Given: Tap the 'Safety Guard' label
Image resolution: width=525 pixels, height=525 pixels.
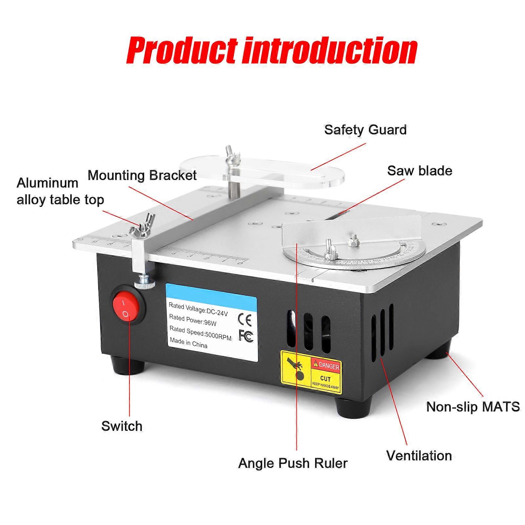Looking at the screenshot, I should pos(365,130).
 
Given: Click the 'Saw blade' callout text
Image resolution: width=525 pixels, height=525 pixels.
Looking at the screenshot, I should pos(419,171).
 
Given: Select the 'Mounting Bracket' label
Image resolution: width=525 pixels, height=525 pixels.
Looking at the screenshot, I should pos(142,175).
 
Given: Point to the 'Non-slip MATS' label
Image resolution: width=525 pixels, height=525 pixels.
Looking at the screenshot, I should pos(473,407).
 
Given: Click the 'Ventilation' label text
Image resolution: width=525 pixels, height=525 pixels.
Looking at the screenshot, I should pos(419,455).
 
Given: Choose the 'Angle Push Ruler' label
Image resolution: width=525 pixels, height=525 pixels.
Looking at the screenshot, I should pos(293,463).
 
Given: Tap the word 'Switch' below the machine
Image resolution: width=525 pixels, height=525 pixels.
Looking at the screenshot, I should pos(122,426).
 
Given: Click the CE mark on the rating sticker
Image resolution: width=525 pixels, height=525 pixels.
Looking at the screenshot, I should pos(244,320).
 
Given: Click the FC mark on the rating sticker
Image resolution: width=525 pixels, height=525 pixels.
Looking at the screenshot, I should pos(246,336).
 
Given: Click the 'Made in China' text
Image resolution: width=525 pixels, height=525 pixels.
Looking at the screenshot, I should pos(188,343).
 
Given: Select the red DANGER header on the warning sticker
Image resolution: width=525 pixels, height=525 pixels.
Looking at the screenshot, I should pos(326,365).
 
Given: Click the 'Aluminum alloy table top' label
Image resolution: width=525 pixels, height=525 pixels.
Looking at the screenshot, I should pos(60,191).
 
